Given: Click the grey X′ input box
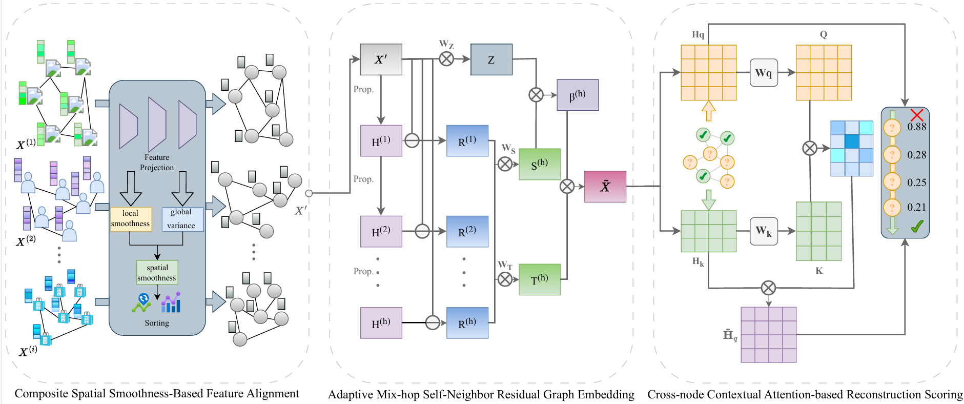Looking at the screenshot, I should click(381, 59).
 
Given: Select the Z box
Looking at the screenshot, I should click(491, 59).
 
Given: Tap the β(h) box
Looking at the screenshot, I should click(578, 95).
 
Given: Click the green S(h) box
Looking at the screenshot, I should click(540, 165).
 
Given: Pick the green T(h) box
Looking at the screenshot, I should click(540, 279).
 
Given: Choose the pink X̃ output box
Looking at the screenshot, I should click(605, 187).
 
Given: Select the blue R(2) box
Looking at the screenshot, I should click(467, 231).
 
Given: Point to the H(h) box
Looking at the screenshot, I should click(381, 323).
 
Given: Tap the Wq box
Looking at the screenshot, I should click(764, 73).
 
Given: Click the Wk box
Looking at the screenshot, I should click(764, 231).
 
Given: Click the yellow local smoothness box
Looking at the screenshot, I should click(131, 219).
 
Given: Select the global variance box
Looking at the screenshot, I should click(182, 219).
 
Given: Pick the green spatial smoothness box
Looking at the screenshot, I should click(157, 273).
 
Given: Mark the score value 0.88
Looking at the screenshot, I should click(917, 127).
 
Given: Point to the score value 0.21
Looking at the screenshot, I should click(917, 207).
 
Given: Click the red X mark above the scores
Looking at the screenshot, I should click(917, 115).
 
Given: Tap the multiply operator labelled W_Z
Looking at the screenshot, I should click(446, 59).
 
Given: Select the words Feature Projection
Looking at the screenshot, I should click(157, 163).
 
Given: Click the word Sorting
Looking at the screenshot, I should click(157, 323).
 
